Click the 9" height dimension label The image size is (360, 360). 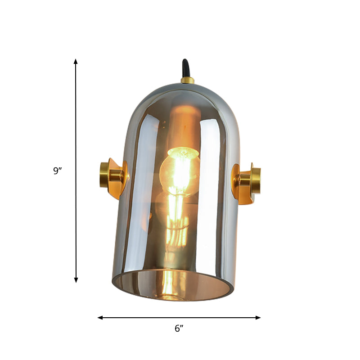(x=57, y=171)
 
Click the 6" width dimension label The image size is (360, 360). (x=179, y=328)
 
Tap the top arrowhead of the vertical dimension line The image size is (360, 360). (x=76, y=61)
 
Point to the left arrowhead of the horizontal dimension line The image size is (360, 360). (x=100, y=318)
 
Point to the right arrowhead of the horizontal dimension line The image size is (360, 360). (x=258, y=318)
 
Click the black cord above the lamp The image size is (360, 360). (x=185, y=69)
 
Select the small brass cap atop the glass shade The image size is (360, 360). (x=187, y=81)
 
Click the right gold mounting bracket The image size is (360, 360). (x=245, y=182)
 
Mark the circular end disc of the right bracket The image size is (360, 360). (x=256, y=181)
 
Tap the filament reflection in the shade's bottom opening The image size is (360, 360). (x=168, y=283)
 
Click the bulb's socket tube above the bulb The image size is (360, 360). (x=182, y=126)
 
